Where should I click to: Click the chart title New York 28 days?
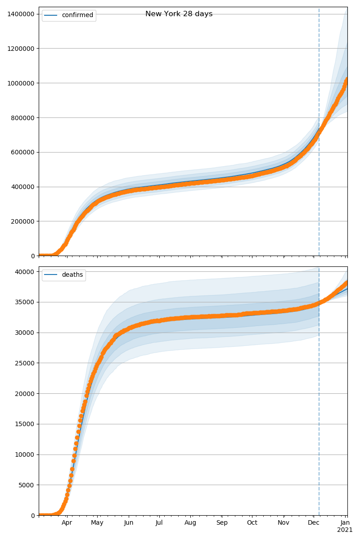(x=179, y=14)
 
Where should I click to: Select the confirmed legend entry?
(x=77, y=15)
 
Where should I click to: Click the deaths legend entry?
(x=72, y=275)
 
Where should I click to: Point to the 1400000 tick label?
(x=21, y=14)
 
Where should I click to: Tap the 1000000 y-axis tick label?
(x=21, y=83)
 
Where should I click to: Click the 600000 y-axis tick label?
(x=22, y=152)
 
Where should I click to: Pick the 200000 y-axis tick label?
(x=22, y=221)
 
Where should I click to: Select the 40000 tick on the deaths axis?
(x=26, y=272)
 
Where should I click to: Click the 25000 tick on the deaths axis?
(x=26, y=363)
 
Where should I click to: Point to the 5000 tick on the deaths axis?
(x=27, y=485)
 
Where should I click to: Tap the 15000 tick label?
(x=26, y=424)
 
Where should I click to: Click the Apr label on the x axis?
(x=67, y=523)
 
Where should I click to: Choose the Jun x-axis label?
(x=129, y=523)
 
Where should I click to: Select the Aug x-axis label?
(x=191, y=523)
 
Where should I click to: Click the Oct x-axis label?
(x=252, y=523)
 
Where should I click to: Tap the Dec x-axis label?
(x=314, y=523)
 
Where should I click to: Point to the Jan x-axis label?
(x=345, y=523)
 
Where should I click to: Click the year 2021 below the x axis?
(x=345, y=530)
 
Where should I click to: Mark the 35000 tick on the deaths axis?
(x=26, y=302)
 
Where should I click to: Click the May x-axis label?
(x=97, y=523)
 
